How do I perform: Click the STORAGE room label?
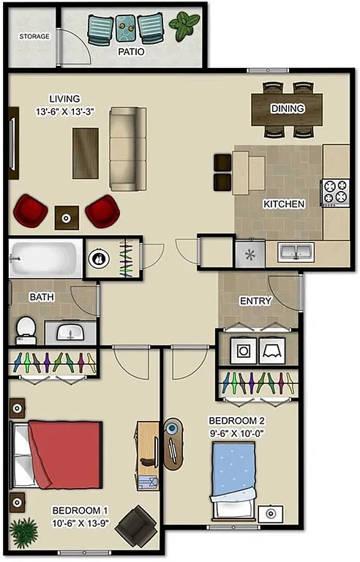click(34, 36)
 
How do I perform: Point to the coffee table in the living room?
click(85, 152)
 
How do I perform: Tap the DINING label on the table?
click(287, 109)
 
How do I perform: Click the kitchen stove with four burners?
click(336, 192)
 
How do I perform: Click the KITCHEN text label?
click(283, 204)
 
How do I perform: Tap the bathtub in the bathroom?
click(45, 258)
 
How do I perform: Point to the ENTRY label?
click(255, 301)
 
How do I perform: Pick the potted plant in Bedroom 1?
click(24, 531)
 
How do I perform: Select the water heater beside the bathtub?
click(99, 258)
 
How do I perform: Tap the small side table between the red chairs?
click(67, 217)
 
